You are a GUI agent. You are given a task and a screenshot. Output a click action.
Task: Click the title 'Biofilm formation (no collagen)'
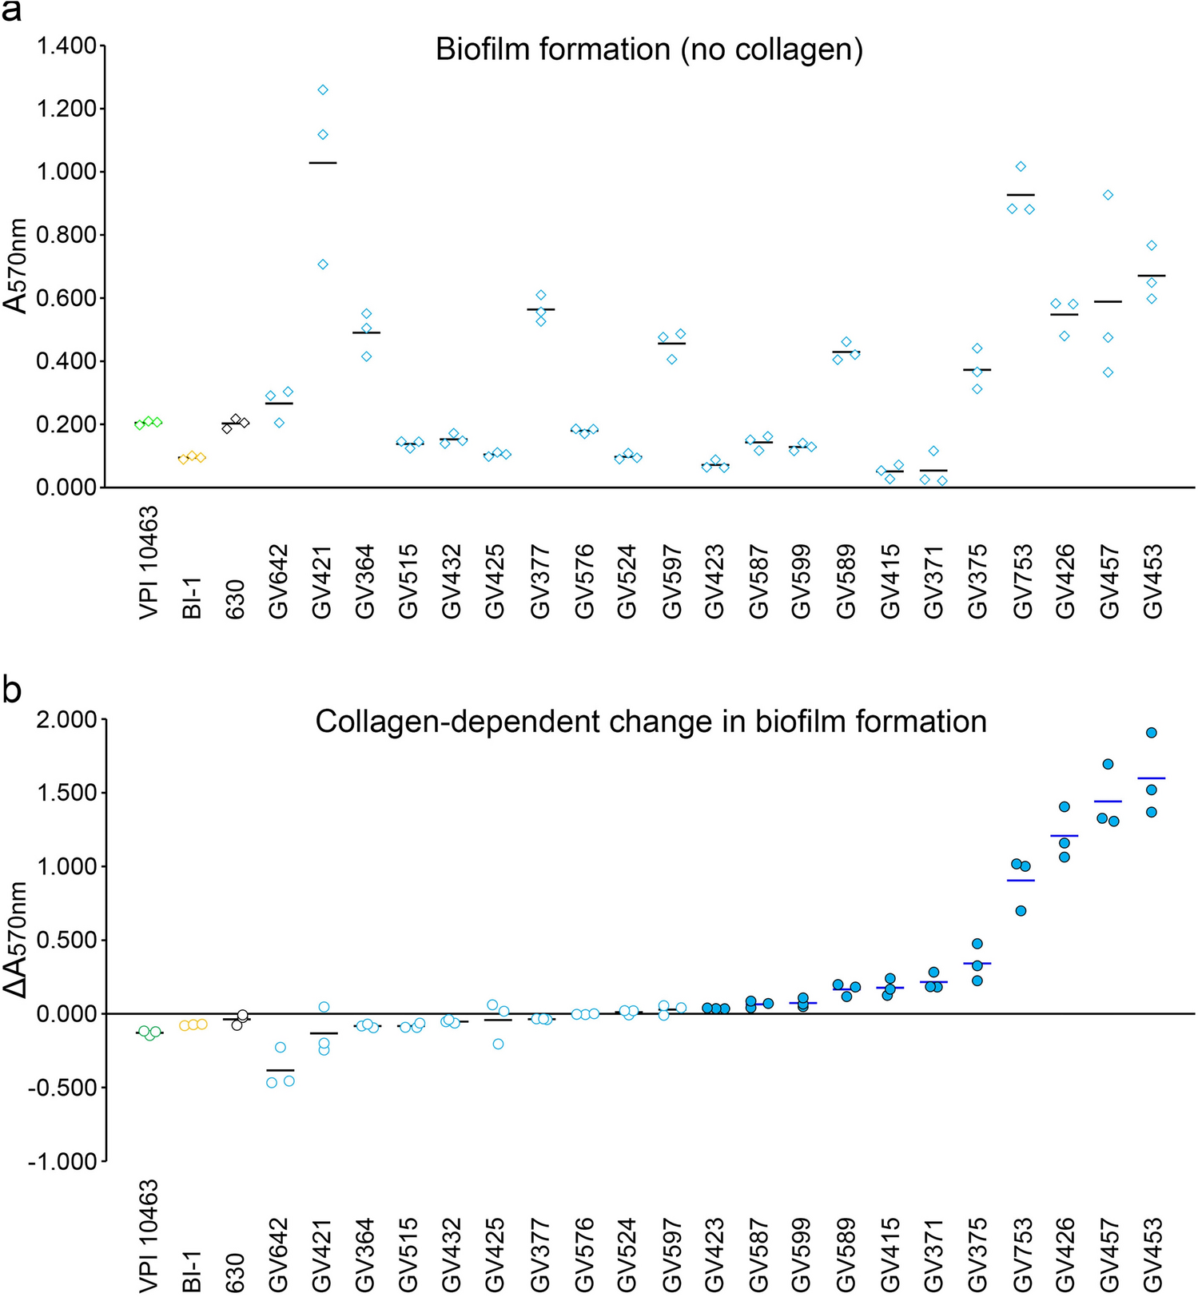[649, 50]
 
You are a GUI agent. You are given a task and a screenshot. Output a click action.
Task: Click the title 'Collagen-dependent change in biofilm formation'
[651, 722]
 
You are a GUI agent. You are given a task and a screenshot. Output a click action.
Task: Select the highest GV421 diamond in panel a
[323, 90]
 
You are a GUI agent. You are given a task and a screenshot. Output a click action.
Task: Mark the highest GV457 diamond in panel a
[1108, 195]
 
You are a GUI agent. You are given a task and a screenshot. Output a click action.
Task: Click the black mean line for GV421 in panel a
[323, 163]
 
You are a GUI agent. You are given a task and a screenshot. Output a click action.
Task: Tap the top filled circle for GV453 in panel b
[1152, 733]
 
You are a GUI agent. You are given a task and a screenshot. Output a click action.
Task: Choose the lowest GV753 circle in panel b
[1021, 911]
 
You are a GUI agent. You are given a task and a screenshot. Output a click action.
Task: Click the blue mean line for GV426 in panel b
[1064, 836]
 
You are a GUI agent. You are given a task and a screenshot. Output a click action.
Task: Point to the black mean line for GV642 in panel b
[280, 1070]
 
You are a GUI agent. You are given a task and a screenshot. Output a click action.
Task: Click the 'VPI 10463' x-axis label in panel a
[149, 563]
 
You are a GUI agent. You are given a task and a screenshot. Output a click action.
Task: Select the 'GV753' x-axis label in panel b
[1021, 1254]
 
